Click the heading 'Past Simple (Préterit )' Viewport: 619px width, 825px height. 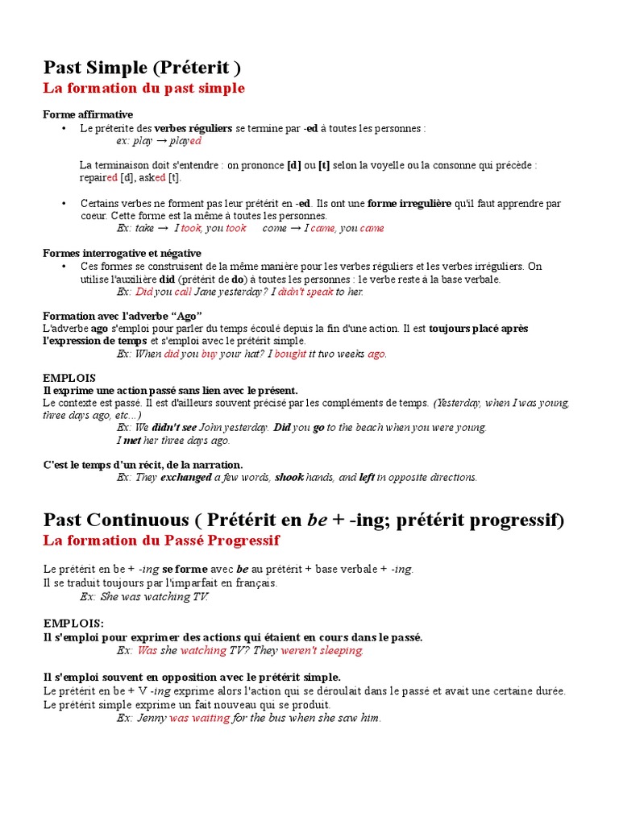142,66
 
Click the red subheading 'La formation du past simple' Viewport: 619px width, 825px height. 143,88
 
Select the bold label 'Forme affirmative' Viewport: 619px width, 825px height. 88,114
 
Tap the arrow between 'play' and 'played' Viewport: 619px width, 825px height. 161,141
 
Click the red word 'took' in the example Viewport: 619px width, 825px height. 191,228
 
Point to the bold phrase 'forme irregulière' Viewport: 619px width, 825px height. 409,204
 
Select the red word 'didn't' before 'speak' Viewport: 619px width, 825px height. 289,292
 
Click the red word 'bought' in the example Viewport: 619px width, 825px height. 291,354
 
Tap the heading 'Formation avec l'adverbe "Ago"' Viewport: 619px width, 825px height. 123,314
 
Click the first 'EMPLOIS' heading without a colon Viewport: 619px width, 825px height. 69,378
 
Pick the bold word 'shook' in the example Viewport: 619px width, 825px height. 289,477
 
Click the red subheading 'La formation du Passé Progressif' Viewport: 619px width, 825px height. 161,540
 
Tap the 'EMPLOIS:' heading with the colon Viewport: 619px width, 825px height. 73,624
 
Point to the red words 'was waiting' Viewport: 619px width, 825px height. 199,718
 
